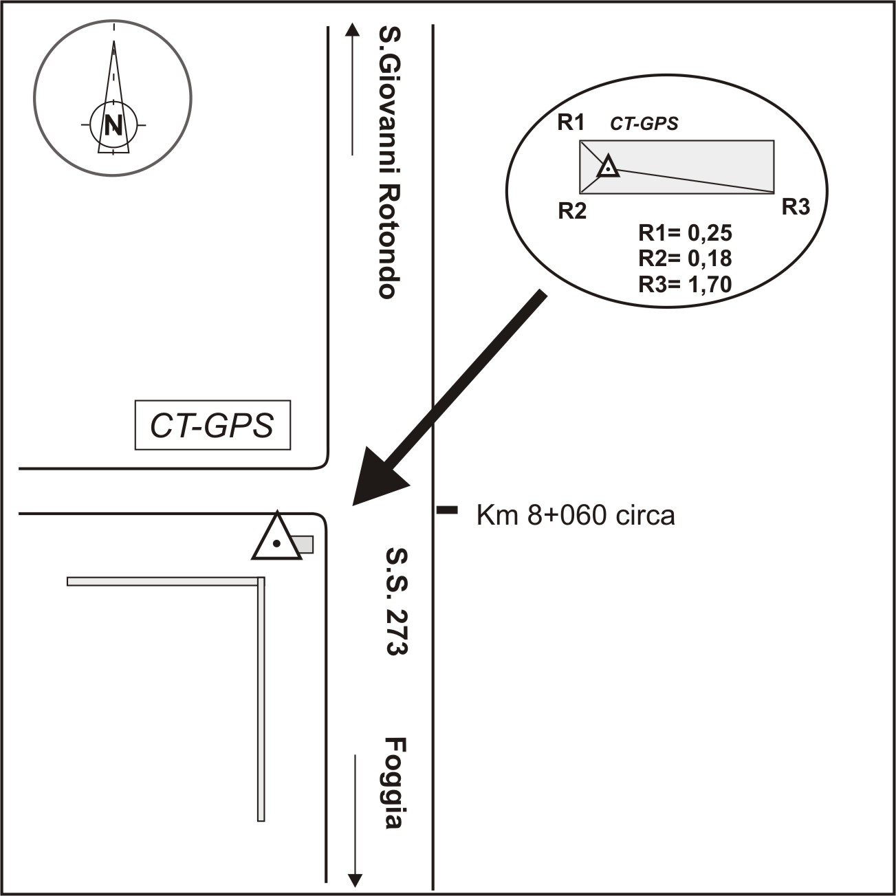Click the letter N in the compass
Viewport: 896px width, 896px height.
coord(113,124)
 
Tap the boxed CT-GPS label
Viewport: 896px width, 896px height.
coord(212,425)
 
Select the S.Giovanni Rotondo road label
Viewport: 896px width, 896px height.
coord(389,162)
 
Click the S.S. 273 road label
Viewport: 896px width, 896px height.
coord(397,602)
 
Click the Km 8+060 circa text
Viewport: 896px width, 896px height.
coord(576,516)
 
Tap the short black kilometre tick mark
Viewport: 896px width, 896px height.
coord(447,510)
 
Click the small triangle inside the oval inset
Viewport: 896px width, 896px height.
coord(608,167)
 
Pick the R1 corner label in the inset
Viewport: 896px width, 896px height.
coord(571,123)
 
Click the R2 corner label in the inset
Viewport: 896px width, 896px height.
coord(572,212)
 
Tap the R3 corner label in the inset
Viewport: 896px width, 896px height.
coord(796,208)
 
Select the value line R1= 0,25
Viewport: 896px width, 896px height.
coord(685,233)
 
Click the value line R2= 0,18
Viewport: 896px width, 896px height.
coord(685,259)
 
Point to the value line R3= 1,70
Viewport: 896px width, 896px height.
coord(685,284)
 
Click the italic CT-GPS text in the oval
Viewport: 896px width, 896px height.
coord(644,124)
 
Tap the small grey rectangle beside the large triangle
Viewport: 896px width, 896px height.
coord(303,545)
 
